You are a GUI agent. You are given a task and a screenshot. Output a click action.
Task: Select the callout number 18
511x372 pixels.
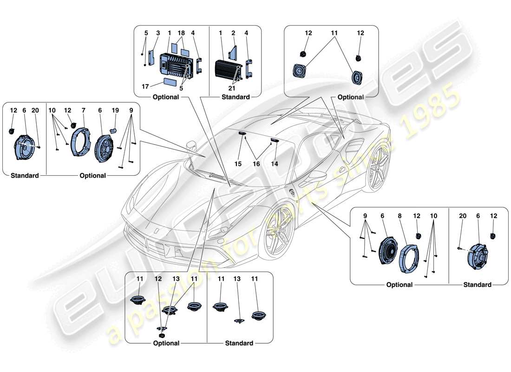point(181,33)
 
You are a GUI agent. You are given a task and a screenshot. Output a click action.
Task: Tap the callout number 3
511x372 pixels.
point(157,33)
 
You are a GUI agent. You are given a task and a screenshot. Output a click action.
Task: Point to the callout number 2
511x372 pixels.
point(234,33)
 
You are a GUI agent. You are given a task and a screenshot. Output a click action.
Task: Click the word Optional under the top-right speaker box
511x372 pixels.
point(350,97)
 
